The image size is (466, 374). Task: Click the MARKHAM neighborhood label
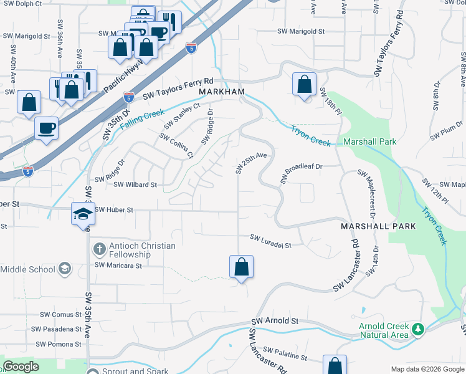pyautogui.click(x=221, y=92)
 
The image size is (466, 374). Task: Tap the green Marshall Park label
pyautogui.click(x=369, y=141)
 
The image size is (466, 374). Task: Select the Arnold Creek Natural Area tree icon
pyautogui.click(x=419, y=328)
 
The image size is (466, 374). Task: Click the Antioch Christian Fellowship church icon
pyautogui.click(x=98, y=250)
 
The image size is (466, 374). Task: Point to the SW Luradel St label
pyautogui.click(x=271, y=237)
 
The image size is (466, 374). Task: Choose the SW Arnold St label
pyautogui.click(x=276, y=320)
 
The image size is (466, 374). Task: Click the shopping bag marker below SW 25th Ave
pyautogui.click(x=241, y=267)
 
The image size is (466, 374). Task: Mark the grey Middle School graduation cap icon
pyautogui.click(x=64, y=269)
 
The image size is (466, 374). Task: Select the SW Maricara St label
pyautogui.click(x=118, y=266)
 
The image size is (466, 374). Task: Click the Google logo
pyautogui.click(x=21, y=367)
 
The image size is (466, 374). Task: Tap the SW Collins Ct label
pyautogui.click(x=174, y=145)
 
